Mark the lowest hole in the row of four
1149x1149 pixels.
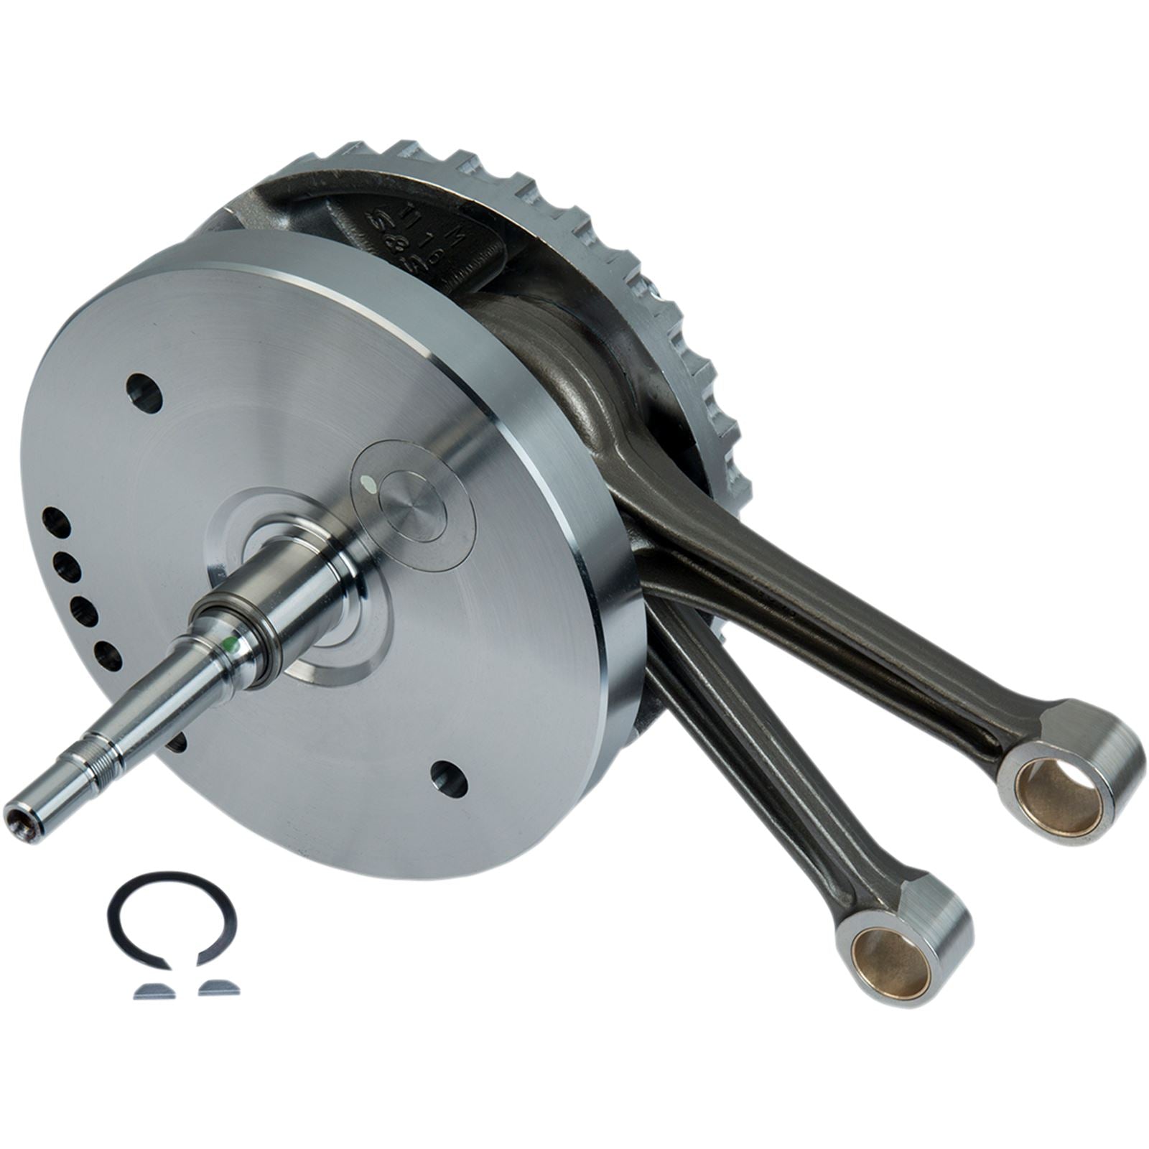(108, 656)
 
